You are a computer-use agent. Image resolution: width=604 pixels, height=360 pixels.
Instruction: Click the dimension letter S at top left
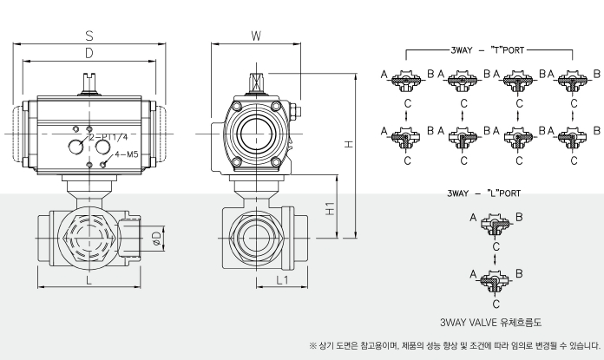pyautogui.click(x=89, y=36)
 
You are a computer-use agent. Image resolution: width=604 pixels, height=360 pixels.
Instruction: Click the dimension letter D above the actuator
pyautogui.click(x=89, y=54)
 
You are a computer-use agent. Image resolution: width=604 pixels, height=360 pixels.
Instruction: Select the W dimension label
pyautogui.click(x=256, y=36)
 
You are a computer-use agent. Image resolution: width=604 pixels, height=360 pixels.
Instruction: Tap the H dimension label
pyautogui.click(x=347, y=145)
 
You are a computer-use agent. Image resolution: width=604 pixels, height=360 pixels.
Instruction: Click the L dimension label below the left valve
pyautogui.click(x=89, y=280)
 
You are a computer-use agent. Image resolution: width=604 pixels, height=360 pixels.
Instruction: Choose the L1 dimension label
pyautogui.click(x=281, y=280)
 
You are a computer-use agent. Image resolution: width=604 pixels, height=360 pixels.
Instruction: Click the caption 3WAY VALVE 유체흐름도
pyautogui.click(x=492, y=321)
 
